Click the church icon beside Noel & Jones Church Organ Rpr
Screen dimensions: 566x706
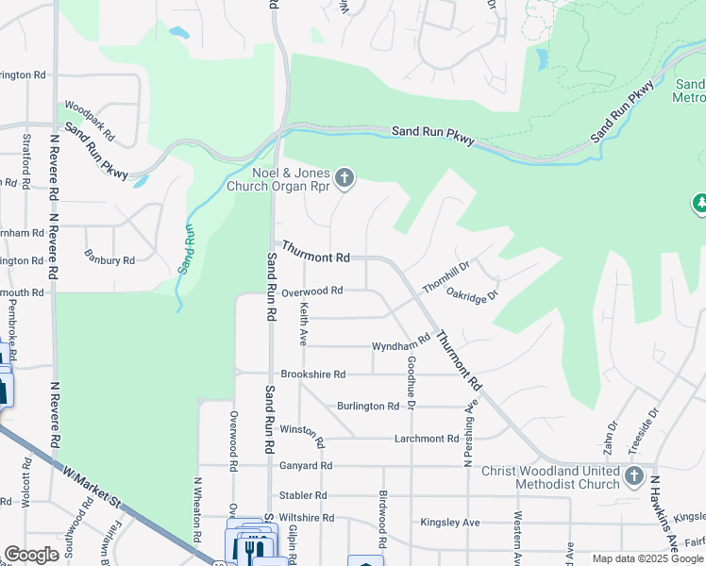[345, 177]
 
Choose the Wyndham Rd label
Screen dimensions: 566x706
[400, 346]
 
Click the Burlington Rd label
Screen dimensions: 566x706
[368, 406]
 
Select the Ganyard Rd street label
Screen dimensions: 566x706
[306, 465]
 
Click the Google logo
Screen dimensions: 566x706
[31, 555]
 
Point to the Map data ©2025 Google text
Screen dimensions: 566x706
[647, 558]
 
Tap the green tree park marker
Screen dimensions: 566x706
[700, 202]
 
